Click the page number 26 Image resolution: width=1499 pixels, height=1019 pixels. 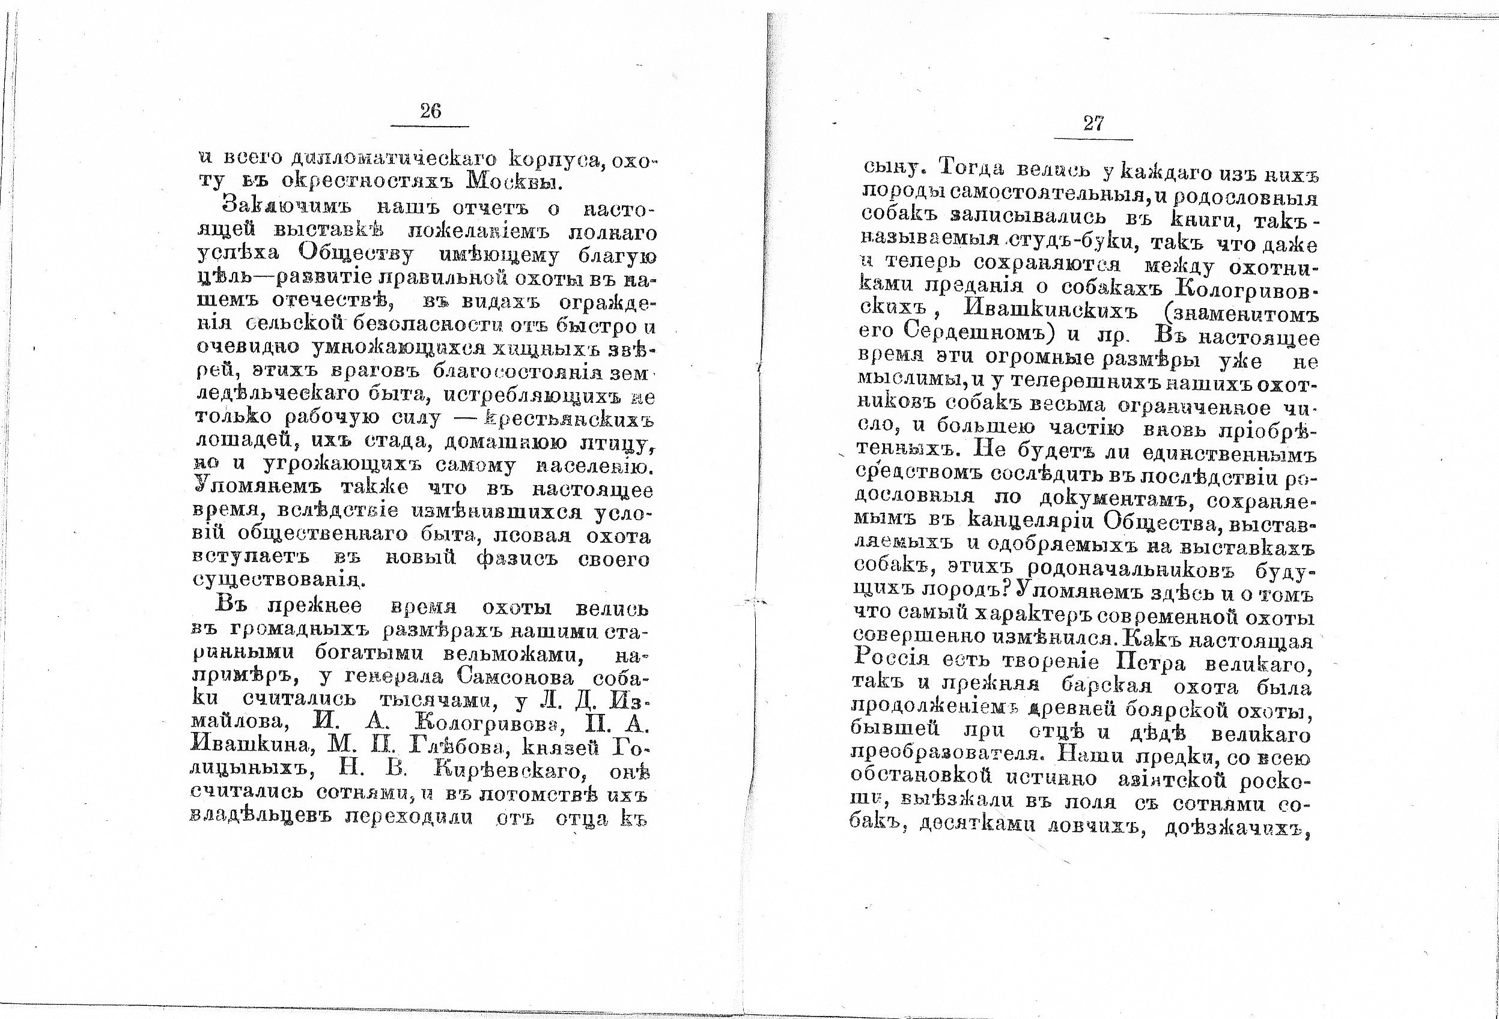(x=430, y=112)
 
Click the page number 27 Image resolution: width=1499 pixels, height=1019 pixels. (x=1093, y=124)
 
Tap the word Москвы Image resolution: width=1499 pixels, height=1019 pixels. (x=514, y=183)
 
